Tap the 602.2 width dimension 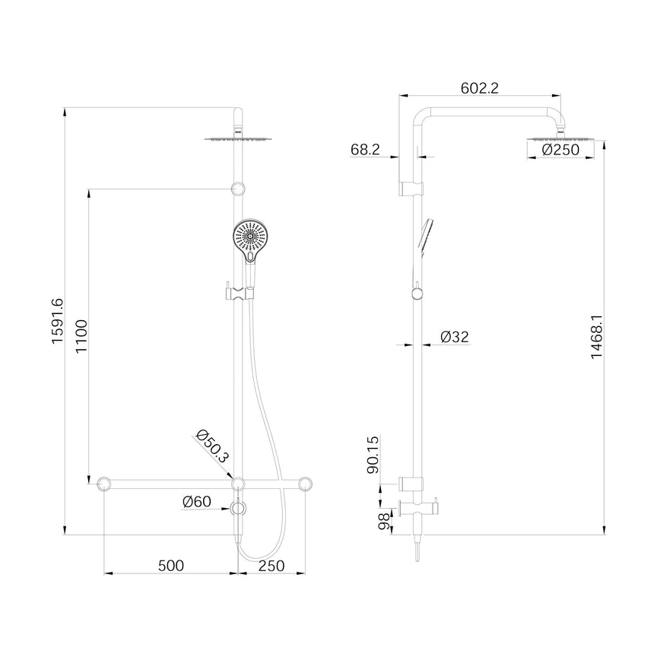pyautogui.click(x=479, y=88)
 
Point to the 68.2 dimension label pyautogui.click(x=366, y=150)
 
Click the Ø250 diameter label pyautogui.click(x=561, y=150)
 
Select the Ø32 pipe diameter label pyautogui.click(x=456, y=335)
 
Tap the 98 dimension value pyautogui.click(x=383, y=521)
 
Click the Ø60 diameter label pyautogui.click(x=196, y=501)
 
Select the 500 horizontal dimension pyautogui.click(x=171, y=566)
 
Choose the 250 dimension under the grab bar pyautogui.click(x=271, y=566)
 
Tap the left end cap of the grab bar pyautogui.click(x=104, y=484)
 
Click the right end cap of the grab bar pyautogui.click(x=307, y=484)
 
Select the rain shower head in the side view pyautogui.click(x=561, y=138)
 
